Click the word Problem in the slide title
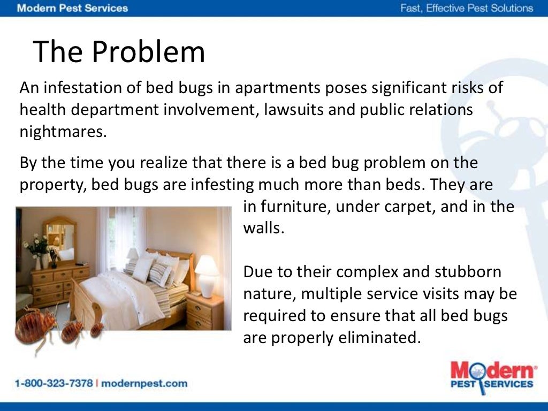coord(148,52)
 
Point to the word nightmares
coord(63,131)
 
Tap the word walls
coord(262,229)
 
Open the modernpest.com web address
coord(144,383)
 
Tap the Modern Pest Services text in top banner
coord(72,8)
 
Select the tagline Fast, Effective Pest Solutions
coord(467,8)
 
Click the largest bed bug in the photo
coord(34,325)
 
